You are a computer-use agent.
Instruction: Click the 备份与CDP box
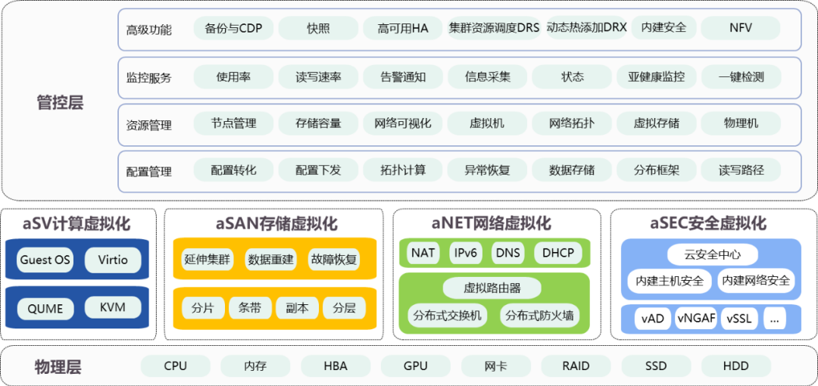pyautogui.click(x=233, y=29)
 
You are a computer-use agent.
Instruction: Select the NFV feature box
pyautogui.click(x=741, y=28)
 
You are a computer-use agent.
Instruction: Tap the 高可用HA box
pyautogui.click(x=403, y=29)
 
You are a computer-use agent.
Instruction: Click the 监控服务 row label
pyautogui.click(x=148, y=78)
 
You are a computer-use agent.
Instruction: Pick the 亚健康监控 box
pyautogui.click(x=656, y=76)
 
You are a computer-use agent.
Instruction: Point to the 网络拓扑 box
pyautogui.click(x=572, y=123)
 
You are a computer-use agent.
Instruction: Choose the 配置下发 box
pyautogui.click(x=318, y=170)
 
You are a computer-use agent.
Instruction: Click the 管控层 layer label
pyautogui.click(x=60, y=103)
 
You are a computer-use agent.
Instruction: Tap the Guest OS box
pyautogui.click(x=45, y=260)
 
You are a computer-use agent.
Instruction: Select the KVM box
pyautogui.click(x=113, y=308)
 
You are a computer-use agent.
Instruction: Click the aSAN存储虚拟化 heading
pyautogui.click(x=276, y=224)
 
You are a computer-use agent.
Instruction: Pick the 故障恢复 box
pyautogui.click(x=333, y=260)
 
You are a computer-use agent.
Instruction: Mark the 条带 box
pyautogui.click(x=249, y=308)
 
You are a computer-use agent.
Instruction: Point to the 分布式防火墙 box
pyautogui.click(x=539, y=316)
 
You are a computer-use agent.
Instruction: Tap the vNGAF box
pyautogui.click(x=696, y=319)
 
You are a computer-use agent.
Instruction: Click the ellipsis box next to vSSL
pyautogui.click(x=773, y=319)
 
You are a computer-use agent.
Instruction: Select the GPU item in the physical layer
pyautogui.click(x=415, y=366)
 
